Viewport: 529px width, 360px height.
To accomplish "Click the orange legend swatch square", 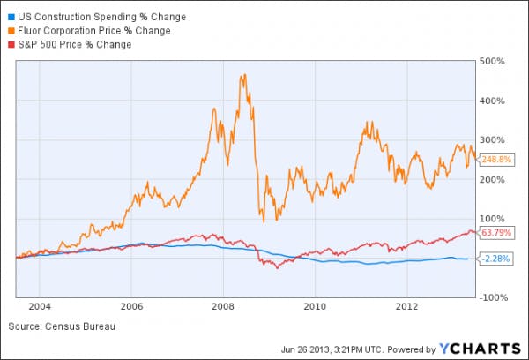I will (x=9, y=31).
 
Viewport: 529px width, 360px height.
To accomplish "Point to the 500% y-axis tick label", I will (x=491, y=62).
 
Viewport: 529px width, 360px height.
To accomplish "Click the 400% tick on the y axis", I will (x=491, y=101).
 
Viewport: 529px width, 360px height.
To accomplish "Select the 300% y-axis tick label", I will (x=491, y=140).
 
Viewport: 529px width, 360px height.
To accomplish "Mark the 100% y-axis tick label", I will (x=491, y=219).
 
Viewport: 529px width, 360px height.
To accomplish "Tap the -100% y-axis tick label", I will (x=489, y=297).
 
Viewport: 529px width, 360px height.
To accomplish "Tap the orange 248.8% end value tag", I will (x=494, y=160).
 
